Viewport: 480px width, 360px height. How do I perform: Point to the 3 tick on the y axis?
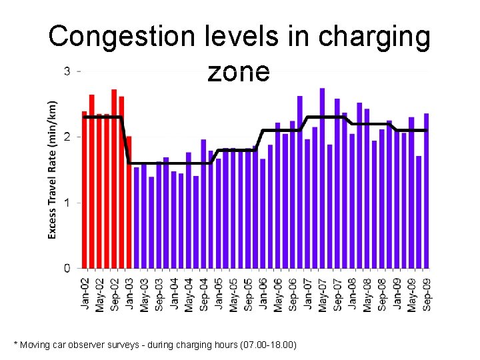coord(67,71)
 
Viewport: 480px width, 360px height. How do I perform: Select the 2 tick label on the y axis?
coord(67,137)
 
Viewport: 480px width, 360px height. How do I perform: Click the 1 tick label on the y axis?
coord(67,203)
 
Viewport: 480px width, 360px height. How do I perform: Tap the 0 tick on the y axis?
coord(67,268)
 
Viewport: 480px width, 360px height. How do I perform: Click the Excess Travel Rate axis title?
coord(53,170)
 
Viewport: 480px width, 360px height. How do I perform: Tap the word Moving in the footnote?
coord(35,345)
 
